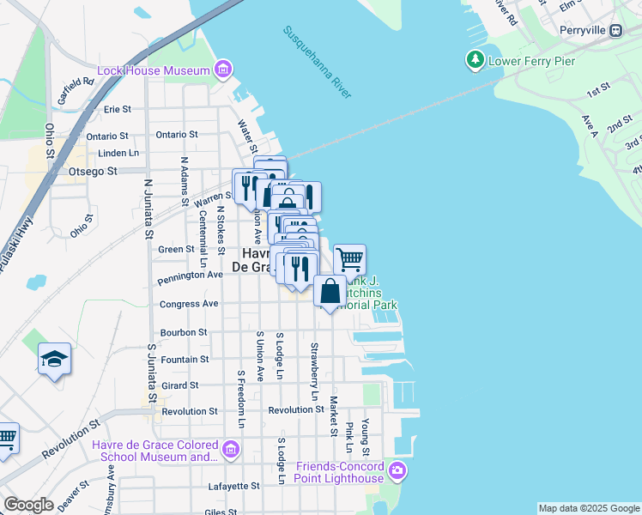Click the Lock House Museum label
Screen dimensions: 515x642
pos(154,70)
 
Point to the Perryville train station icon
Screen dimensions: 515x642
pos(615,30)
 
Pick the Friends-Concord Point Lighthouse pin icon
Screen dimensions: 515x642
pos(397,470)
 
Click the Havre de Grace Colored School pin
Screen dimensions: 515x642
pos(230,449)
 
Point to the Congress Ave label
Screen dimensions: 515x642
pos(189,304)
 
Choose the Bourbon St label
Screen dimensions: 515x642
pos(184,332)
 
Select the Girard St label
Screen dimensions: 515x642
pos(179,386)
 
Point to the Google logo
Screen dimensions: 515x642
pos(29,505)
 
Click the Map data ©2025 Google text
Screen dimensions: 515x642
pos(588,508)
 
